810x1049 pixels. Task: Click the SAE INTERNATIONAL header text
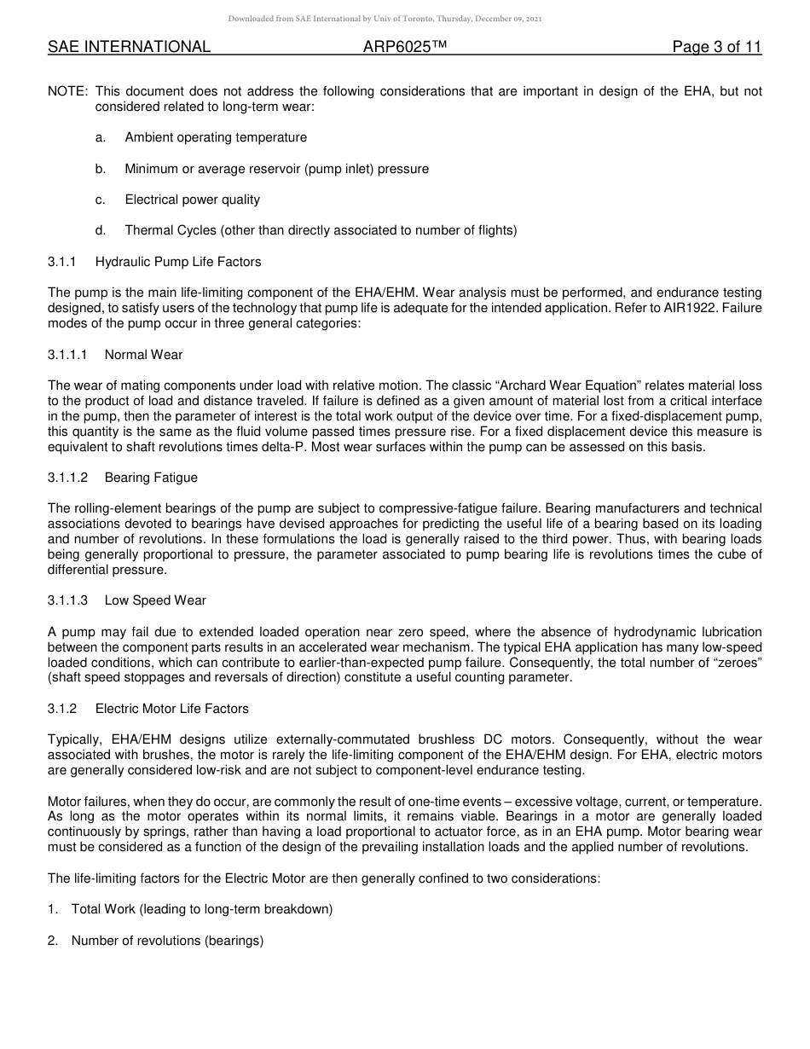pos(129,48)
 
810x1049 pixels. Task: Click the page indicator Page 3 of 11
pos(716,48)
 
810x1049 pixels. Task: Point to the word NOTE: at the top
pos(67,91)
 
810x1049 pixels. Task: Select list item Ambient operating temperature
pos(216,137)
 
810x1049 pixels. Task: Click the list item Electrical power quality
pos(192,200)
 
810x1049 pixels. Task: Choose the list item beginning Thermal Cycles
pos(321,230)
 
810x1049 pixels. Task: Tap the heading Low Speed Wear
pos(155,600)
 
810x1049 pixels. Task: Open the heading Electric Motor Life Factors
pos(171,709)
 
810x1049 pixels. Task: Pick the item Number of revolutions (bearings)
pos(167,941)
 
